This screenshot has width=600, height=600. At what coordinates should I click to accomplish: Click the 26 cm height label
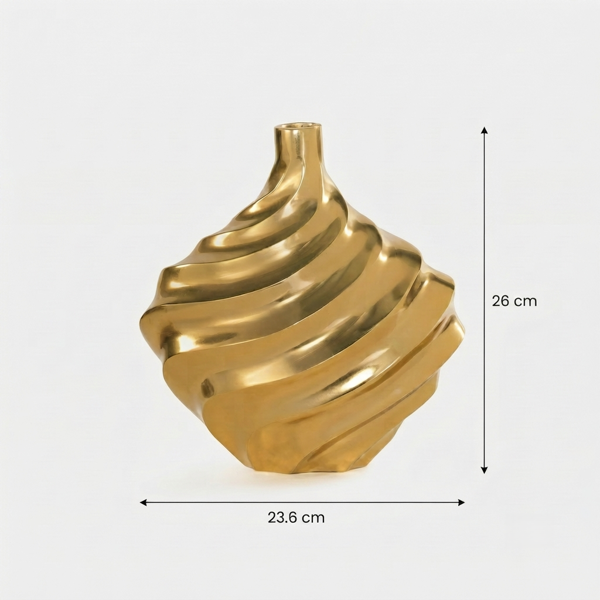click(514, 301)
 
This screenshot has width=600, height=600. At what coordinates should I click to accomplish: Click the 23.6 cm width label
click(296, 517)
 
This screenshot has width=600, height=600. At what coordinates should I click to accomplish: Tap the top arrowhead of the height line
click(485, 130)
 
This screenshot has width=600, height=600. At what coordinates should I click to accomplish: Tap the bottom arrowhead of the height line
click(485, 470)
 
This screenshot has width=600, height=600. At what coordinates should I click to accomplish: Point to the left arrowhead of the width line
click(144, 502)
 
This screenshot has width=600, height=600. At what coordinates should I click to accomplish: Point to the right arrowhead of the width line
click(461, 502)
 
